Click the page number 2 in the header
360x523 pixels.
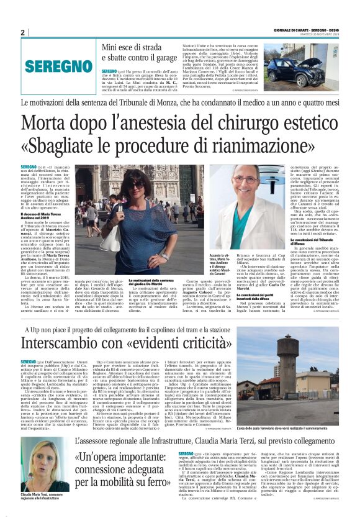22,32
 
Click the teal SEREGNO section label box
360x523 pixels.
56,66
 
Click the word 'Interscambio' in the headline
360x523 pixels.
81,342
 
